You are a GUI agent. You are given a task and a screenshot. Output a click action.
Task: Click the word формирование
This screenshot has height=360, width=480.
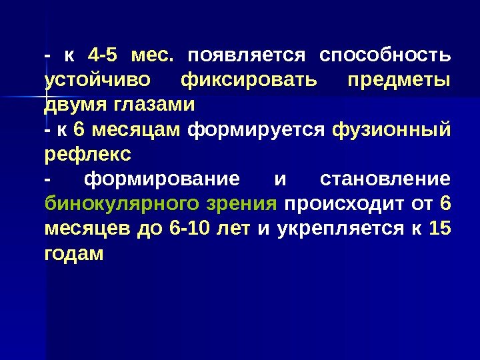coord(163,179)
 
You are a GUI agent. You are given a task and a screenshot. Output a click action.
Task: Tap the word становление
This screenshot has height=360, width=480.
coord(385,179)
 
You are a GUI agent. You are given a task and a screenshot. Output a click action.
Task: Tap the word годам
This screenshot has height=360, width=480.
coord(74,255)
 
